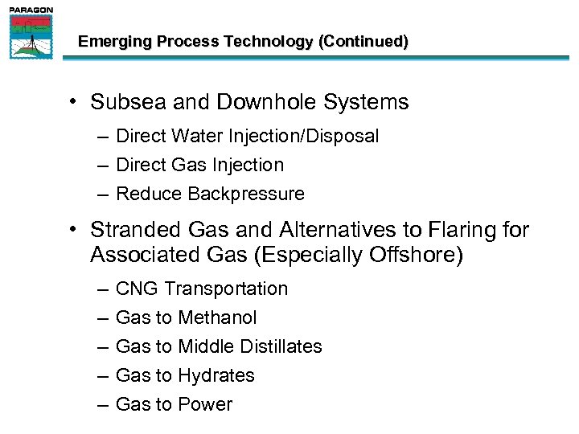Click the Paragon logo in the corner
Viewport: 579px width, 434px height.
point(31,33)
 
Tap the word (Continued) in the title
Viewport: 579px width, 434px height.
point(363,42)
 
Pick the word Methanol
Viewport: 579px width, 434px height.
point(217,318)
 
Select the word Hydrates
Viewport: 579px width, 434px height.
point(216,376)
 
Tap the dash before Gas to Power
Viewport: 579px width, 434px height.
point(102,405)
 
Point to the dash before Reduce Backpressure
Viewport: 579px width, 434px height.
point(102,194)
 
